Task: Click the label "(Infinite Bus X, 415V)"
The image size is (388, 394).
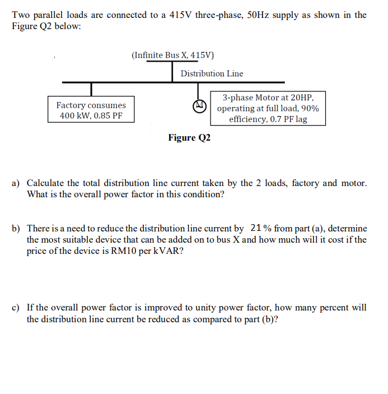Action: [172, 55]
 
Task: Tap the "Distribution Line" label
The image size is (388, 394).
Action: [212, 73]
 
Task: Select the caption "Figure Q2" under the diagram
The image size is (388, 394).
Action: [189, 138]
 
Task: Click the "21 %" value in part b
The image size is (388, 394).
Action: [261, 228]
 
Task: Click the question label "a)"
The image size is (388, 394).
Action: [16, 183]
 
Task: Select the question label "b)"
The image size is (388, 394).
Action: [16, 229]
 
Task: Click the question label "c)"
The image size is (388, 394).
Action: [16, 308]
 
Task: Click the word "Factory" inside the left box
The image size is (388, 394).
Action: [71, 105]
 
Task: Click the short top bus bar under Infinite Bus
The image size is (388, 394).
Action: [172, 62]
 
